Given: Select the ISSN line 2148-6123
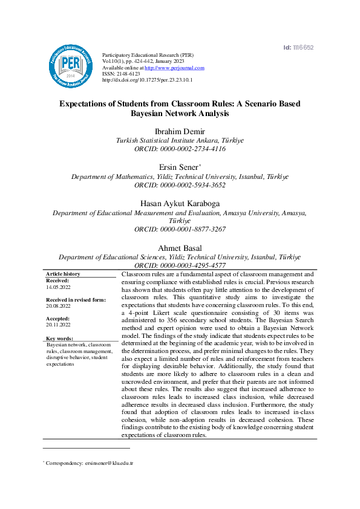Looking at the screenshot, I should [121, 74].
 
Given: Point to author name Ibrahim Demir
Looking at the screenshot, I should [180, 131].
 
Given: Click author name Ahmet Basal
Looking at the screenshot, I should [180, 248].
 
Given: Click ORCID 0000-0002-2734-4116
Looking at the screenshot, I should [180, 148].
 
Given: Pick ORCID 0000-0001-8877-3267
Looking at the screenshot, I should [180, 230].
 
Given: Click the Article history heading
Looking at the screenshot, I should [63, 274].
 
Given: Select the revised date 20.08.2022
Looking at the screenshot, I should [58, 306].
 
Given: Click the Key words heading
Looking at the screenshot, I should [59, 339].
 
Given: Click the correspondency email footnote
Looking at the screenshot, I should [88, 463].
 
